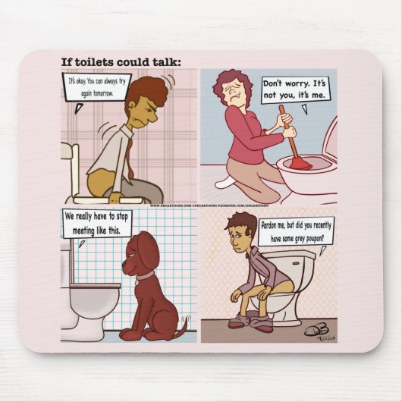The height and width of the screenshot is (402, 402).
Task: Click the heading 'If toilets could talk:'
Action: point(121,62)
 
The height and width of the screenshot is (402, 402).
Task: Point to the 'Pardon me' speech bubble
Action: point(295,230)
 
